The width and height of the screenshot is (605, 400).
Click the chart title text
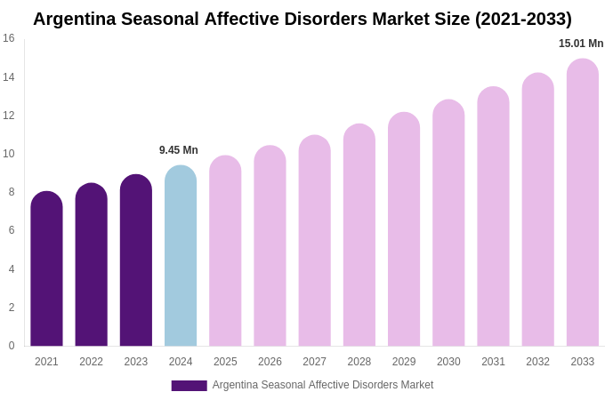302,19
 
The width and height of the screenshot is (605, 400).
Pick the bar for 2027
314,241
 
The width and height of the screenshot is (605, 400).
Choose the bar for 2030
448,223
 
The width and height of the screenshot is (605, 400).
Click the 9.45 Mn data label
179,150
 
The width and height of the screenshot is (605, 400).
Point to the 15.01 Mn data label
581,44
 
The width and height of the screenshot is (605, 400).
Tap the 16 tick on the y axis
9,38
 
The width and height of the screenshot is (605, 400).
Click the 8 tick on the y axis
12,192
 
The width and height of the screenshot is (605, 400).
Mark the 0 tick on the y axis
12,346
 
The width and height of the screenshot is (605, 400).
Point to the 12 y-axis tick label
9,116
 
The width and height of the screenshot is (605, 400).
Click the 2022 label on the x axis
91,362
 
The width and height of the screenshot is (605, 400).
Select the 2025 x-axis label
225,362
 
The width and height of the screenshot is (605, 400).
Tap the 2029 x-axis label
404,362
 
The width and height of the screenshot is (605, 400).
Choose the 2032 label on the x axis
537,362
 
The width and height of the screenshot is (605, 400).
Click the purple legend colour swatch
189,386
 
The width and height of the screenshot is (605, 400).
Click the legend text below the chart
323,385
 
